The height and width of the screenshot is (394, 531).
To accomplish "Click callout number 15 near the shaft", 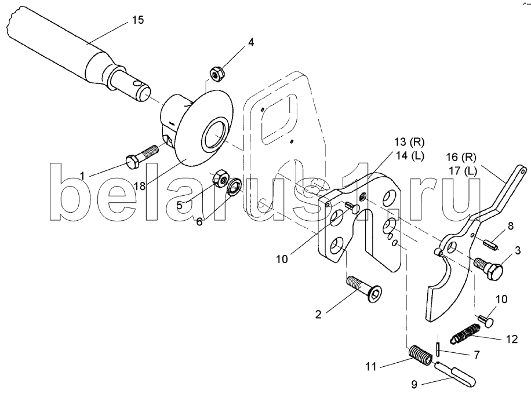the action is tap(138, 20).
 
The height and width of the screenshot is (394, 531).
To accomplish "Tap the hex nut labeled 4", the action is tap(218, 74).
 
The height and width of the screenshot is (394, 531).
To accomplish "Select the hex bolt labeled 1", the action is tap(141, 156).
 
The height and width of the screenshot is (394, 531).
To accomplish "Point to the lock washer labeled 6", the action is tap(234, 187).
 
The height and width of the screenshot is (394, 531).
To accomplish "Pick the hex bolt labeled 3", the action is tap(488, 268).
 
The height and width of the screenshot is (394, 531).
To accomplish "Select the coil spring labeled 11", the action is tap(420, 355).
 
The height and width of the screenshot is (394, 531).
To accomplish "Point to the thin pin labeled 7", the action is tap(438, 349).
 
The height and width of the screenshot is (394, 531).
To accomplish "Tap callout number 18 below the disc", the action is tap(139, 186).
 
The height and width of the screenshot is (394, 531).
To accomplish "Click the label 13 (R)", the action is tap(409, 142).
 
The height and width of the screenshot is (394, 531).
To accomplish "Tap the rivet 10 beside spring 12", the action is tap(486, 320).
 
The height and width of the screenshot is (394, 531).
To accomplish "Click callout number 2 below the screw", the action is tap(318, 314).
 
